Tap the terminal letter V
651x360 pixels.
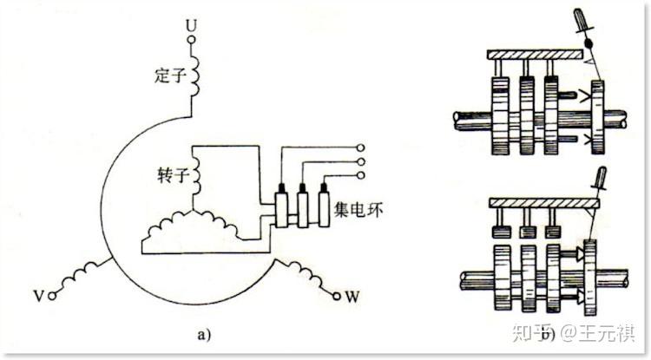point(38,295)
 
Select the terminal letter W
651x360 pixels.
point(352,297)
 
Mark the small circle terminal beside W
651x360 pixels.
point(336,296)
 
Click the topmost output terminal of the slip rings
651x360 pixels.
point(359,148)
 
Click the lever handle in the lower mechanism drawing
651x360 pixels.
point(598,179)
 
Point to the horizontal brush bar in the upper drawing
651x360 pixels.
point(533,55)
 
